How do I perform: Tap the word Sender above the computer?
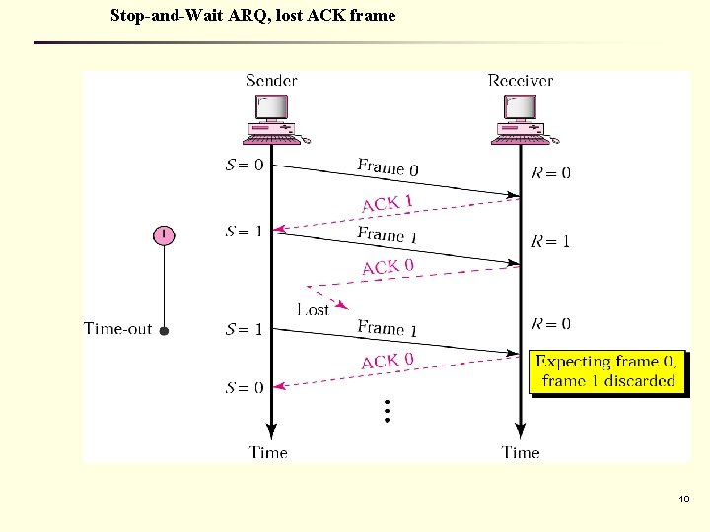coord(271,80)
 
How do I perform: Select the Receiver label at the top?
coord(521,80)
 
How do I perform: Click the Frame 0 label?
coord(388,167)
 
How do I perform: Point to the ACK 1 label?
coord(387,203)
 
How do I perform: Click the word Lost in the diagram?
coord(313,309)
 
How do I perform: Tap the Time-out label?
coord(118,329)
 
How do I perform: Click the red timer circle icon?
coord(164,234)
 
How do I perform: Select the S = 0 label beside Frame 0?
coord(244,165)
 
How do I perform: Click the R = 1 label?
coord(550,241)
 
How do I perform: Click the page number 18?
coord(683,500)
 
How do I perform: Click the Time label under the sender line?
coord(268,452)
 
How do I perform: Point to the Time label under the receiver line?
coord(521,452)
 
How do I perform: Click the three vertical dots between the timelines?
coord(387,411)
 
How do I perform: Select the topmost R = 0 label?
coord(550,173)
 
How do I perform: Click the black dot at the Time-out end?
coord(164,331)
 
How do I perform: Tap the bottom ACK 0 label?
coord(388,361)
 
